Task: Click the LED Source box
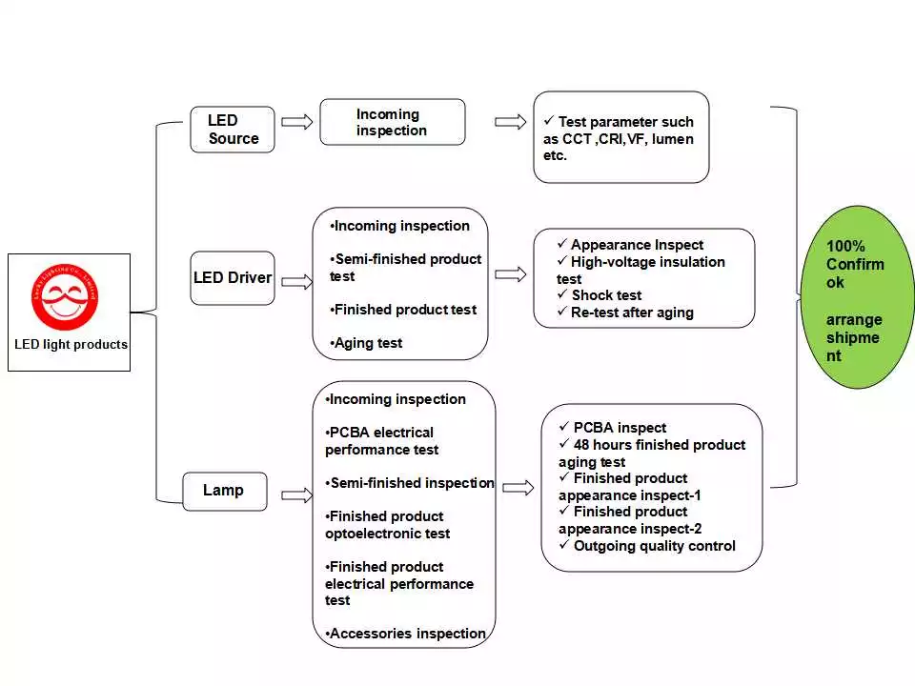coord(233,130)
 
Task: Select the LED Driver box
coord(233,278)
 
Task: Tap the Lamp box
coord(225,491)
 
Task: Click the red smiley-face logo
coord(65,295)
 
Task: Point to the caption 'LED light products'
coord(71,345)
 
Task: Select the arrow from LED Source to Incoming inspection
coord(297,122)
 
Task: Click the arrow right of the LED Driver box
coord(297,281)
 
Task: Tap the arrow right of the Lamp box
coord(297,494)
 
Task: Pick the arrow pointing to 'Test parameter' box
coord(511,122)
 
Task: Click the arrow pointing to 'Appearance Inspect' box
coord(511,274)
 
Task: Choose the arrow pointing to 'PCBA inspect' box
coord(518,488)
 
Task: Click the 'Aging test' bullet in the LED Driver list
coord(368,343)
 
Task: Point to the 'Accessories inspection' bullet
coord(406,634)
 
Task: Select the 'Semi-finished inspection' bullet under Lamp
coord(410,483)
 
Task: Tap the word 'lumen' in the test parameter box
coord(672,139)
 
